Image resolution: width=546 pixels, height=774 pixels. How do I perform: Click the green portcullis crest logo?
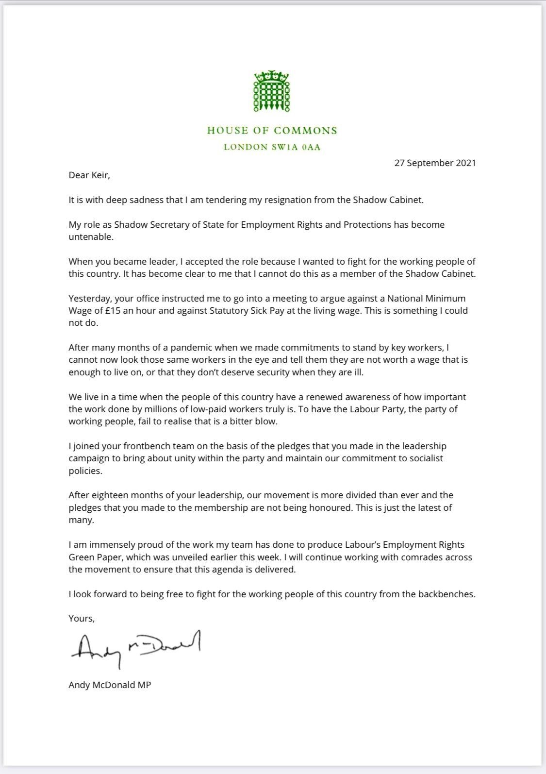click(272, 91)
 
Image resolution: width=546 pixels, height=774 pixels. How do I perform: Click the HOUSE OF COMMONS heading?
click(272, 130)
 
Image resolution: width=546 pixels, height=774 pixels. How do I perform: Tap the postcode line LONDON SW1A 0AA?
click(272, 147)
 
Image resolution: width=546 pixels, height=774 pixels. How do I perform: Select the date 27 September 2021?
click(435, 163)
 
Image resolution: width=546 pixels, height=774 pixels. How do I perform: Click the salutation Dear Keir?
click(89, 175)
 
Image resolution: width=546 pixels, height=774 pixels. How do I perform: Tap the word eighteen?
click(111, 495)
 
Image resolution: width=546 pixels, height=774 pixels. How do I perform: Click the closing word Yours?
click(82, 619)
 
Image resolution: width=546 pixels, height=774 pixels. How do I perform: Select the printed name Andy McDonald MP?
click(110, 686)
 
